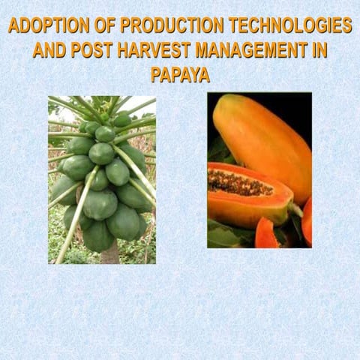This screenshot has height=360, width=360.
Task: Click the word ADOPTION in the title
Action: [44, 25]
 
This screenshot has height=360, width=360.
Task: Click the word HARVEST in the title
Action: [151, 50]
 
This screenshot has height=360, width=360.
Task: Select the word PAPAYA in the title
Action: [180, 75]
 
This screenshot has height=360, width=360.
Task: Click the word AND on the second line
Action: [50, 50]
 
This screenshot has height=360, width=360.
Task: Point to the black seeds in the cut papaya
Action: [238, 182]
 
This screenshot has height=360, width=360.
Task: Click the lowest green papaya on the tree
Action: [97, 236]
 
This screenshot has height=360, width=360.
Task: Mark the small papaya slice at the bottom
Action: [265, 234]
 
